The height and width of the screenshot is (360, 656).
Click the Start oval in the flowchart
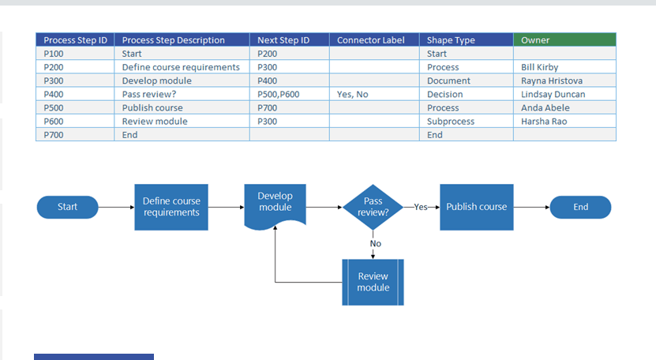(x=68, y=207)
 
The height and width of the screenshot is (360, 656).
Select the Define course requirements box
(x=171, y=207)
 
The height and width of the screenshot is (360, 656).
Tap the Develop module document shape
(x=275, y=203)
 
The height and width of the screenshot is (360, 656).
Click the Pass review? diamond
(x=373, y=207)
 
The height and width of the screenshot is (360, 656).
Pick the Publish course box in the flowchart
(x=477, y=207)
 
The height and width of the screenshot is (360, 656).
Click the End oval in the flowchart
(x=581, y=207)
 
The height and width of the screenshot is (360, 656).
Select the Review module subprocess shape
(x=373, y=282)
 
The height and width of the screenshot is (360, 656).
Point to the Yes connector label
(x=421, y=207)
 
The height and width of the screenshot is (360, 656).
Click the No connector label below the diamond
(x=375, y=243)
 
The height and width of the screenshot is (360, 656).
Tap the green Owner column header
(x=564, y=40)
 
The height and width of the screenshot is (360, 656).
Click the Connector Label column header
(x=375, y=40)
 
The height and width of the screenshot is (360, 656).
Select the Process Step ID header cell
(x=76, y=40)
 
